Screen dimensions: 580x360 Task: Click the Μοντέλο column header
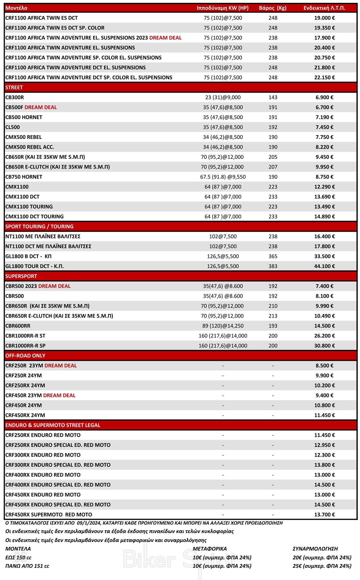tap(16, 8)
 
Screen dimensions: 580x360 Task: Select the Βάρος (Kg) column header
tap(272, 8)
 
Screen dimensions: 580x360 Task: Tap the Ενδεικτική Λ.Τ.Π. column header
tap(324, 8)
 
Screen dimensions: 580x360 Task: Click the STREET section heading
tap(14, 88)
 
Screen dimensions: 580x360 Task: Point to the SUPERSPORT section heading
tap(21, 276)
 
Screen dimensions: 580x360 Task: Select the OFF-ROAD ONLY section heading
tap(25, 356)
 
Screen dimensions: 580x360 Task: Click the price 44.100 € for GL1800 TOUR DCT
tap(324, 266)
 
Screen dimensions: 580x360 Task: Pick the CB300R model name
tap(15, 97)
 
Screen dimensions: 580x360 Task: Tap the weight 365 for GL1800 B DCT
tap(273, 256)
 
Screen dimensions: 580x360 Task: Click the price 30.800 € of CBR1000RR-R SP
tap(324, 346)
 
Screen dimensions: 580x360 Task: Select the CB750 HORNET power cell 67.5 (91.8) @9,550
tap(223, 177)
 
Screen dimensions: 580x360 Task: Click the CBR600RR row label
tap(18, 326)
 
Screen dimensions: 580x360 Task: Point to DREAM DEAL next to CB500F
tap(40, 107)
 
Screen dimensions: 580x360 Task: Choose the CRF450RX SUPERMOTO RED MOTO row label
tap(49, 515)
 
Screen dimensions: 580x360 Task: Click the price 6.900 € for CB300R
tap(324, 97)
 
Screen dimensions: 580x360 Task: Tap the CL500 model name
tap(13, 127)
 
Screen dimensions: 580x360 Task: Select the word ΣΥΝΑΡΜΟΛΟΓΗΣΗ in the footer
tap(315, 549)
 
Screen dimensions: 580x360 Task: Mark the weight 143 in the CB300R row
tap(273, 97)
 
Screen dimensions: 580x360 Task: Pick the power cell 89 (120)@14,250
tap(223, 326)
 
